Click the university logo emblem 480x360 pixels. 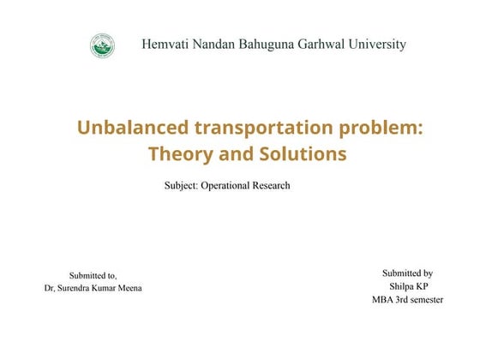[102, 45]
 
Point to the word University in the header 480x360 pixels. [378, 45]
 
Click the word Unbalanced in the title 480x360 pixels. [132, 129]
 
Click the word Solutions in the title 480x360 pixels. [301, 155]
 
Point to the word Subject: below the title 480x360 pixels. [181, 185]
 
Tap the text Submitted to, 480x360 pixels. [93, 276]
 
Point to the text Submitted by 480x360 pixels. [407, 273]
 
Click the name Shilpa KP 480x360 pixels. [408, 286]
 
